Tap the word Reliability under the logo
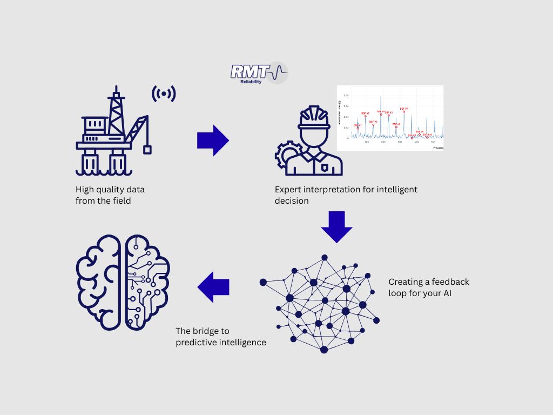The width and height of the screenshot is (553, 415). [251, 82]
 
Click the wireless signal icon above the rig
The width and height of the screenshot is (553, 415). [164, 94]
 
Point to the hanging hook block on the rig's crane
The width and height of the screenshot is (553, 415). [147, 149]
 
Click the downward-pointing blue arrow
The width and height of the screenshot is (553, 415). [336, 227]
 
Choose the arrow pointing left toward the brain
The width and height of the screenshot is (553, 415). [213, 287]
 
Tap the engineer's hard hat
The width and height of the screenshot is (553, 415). [314, 117]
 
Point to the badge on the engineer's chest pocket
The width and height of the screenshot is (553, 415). [324, 168]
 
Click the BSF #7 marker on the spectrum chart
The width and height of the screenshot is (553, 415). [403, 110]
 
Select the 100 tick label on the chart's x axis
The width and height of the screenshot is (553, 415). [367, 142]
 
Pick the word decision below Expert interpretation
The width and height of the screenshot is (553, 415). [292, 201]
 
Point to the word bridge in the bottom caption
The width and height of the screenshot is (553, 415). [204, 331]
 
